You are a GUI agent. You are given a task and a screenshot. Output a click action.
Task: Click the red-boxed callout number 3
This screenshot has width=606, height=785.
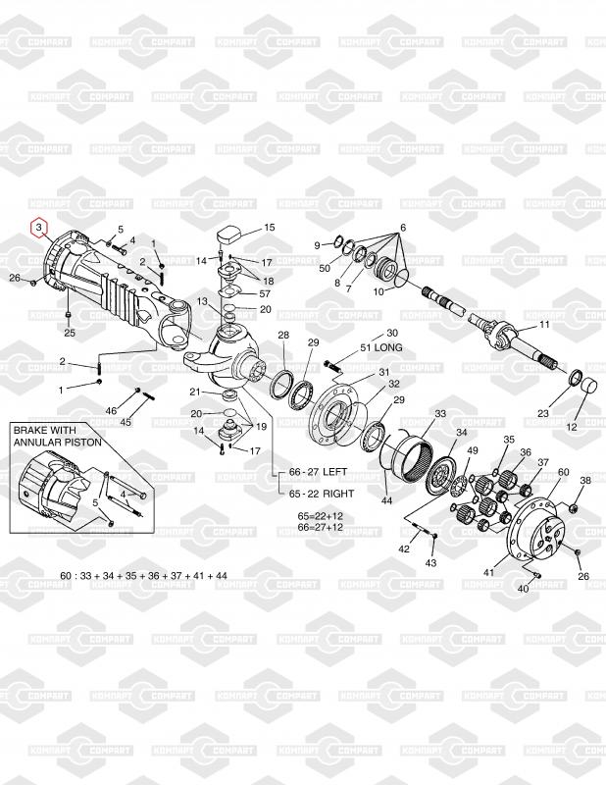tap(38, 228)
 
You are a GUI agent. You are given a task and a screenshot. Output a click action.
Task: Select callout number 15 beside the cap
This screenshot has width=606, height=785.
tap(270, 227)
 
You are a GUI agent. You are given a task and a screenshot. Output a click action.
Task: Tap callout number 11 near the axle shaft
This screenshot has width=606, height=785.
tap(545, 324)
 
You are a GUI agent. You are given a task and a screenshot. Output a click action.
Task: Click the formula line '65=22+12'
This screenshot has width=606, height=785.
tap(321, 514)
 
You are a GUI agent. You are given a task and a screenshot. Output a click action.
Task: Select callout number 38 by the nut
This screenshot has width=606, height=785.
tap(585, 480)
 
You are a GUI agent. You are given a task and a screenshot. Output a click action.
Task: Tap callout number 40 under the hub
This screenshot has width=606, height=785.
tap(523, 589)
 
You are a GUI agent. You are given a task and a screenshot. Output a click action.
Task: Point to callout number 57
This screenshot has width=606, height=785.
tap(265, 293)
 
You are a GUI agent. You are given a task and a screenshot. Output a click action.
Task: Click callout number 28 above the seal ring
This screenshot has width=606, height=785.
tap(282, 336)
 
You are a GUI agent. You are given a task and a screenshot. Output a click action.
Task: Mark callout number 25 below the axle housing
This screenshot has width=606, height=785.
tap(70, 332)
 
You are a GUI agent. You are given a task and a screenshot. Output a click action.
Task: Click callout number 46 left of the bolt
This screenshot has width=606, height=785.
tap(111, 410)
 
